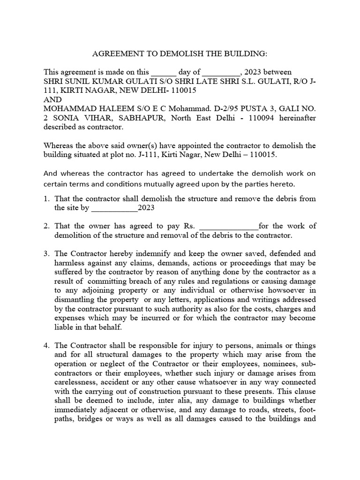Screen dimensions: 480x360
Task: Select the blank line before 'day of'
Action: coord(163,73)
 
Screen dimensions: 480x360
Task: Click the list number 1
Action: coord(46,199)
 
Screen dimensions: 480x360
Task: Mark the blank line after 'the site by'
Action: coord(114,208)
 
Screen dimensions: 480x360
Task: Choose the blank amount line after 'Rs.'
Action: coord(229,226)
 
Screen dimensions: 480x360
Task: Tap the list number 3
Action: coord(46,254)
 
